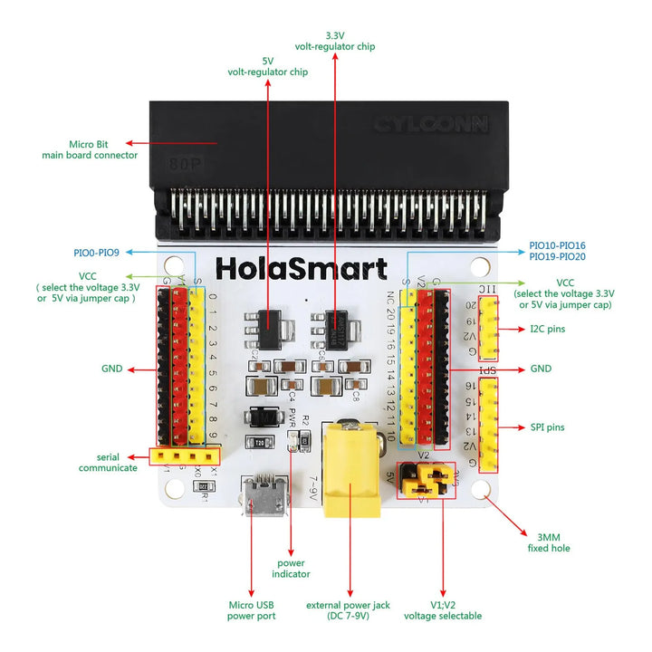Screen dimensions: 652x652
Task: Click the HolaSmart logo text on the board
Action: (301, 269)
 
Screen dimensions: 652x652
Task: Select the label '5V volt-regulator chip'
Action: (267, 65)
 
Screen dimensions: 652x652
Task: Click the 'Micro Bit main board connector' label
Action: (90, 149)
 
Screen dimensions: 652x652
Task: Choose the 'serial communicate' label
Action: (108, 462)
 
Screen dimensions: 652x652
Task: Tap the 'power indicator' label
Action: (291, 568)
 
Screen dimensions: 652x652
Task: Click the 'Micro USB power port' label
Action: (251, 609)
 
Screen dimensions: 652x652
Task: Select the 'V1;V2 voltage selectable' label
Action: (444, 609)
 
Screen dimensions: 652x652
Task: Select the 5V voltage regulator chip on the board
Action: (269, 322)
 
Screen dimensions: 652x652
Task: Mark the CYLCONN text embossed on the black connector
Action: (431, 124)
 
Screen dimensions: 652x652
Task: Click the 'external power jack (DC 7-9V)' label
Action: (349, 609)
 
